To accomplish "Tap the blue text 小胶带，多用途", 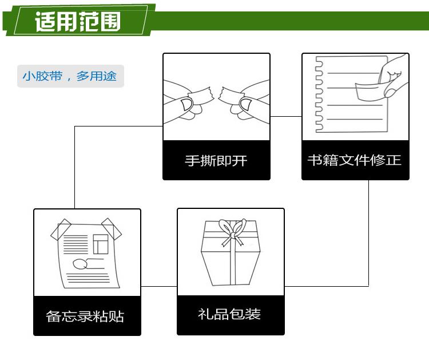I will [70, 76].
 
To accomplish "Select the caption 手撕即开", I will [216, 160].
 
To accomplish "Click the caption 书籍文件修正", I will [355, 160].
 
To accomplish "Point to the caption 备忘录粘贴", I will [85, 316].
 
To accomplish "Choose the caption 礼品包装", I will [229, 314].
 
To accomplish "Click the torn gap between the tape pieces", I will [216, 93].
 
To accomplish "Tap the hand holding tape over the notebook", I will [395, 77].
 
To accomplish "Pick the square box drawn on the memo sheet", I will [100, 244].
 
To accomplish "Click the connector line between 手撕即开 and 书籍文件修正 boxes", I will [286, 117].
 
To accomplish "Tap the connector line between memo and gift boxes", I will [159, 286].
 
